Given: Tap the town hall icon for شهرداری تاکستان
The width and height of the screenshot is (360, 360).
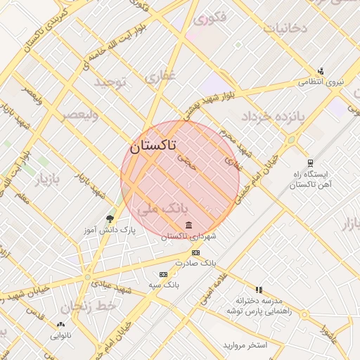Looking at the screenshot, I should click(189, 225).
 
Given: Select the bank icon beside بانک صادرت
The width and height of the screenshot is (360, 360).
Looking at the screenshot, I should click(195, 252).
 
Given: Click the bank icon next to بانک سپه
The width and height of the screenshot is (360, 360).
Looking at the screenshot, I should click(164, 274).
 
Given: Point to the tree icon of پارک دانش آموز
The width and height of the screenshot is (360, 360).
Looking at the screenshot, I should click(109, 219).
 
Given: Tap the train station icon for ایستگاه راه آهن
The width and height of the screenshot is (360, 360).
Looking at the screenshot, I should click(310, 163).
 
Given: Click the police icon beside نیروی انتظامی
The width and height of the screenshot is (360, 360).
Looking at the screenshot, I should click(321, 70).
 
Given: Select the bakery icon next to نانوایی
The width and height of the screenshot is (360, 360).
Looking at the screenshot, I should click(60, 325).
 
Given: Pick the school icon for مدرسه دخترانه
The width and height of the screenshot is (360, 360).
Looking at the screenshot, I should click(259, 290).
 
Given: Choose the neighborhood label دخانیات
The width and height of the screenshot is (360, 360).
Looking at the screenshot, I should click(285, 28).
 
